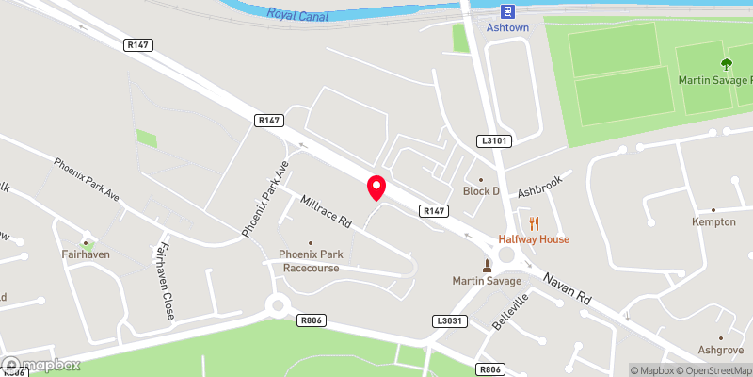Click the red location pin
tap(376, 188)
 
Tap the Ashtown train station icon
tap(507, 10)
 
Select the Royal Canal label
tap(298, 13)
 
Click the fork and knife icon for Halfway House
tap(535, 223)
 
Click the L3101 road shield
tap(494, 140)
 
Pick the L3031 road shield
tap(449, 321)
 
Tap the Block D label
tap(481, 191)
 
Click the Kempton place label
tap(713, 222)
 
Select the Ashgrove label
tap(721, 350)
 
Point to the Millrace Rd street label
tap(326, 213)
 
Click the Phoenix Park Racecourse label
tap(309, 261)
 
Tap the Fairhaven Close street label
tap(164, 281)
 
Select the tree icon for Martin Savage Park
tap(726, 64)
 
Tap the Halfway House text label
tap(534, 239)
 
